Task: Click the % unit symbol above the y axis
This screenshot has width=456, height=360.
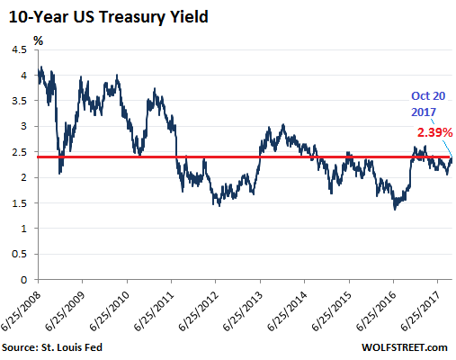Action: pyautogui.click(x=38, y=40)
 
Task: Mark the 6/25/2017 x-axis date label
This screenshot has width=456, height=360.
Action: pyautogui.click(x=433, y=309)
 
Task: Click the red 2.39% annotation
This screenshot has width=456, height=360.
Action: pyautogui.click(x=434, y=132)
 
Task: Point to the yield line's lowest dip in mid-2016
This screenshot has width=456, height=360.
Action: pyautogui.click(x=395, y=209)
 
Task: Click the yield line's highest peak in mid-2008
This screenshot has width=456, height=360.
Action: pyautogui.click(x=40, y=67)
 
